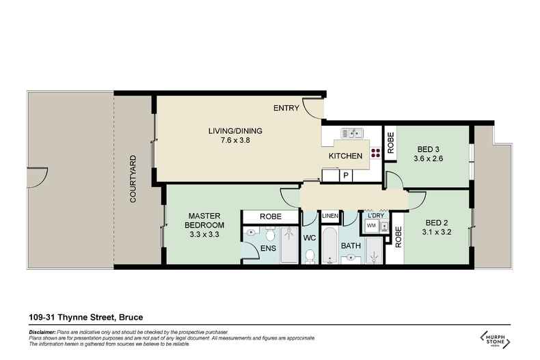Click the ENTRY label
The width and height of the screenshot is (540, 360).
[x=285, y=109]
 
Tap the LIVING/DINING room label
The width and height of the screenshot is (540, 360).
[x=234, y=132]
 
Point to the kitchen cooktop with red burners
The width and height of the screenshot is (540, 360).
[x=375, y=153]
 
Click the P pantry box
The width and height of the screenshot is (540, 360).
[x=347, y=176]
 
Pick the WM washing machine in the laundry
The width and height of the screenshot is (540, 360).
[x=371, y=225]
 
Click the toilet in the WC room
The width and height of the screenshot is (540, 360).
[x=310, y=255]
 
